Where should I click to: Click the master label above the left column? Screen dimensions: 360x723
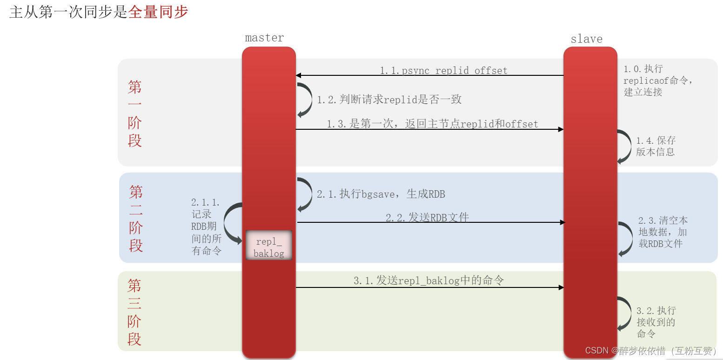264,38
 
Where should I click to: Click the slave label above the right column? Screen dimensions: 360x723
586,39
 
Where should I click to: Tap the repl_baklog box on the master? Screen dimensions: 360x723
268,247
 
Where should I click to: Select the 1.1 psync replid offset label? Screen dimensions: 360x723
443,71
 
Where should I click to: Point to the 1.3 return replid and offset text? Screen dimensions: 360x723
432,124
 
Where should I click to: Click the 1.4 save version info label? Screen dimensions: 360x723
656,146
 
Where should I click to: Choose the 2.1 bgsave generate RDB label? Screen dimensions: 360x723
381,194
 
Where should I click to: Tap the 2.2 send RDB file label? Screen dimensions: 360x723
427,217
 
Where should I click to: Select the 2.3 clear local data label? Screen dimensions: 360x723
663,232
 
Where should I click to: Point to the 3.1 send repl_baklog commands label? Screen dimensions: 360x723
428,280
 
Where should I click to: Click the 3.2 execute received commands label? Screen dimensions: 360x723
656,322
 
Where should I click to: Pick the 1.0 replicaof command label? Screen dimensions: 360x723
658,80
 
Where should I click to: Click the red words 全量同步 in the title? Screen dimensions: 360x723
158,12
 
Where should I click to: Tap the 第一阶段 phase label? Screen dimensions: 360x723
135,113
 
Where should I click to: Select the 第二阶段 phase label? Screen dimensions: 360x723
136,218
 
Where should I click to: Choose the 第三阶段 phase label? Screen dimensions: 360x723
134,312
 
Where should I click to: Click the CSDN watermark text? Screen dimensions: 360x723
650,350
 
